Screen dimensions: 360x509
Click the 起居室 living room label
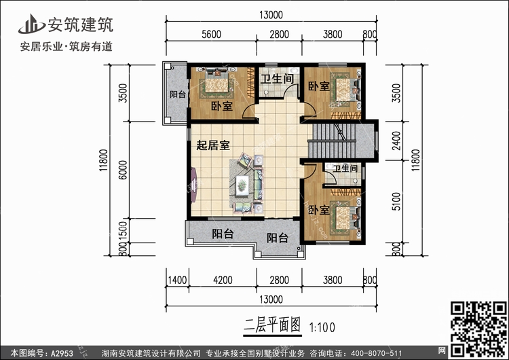(x=212, y=144)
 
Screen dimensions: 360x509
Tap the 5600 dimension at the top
(x=211, y=35)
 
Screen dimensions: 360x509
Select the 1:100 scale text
(x=323, y=327)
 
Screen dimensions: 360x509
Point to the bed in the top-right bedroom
(x=345, y=89)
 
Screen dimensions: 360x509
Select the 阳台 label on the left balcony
(x=178, y=94)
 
